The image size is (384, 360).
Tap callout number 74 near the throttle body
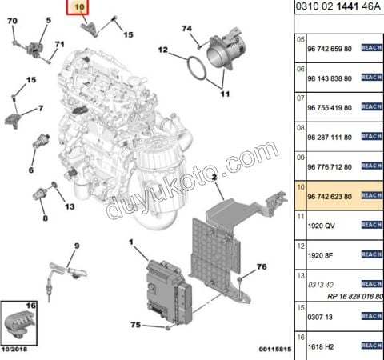(x=188, y=30)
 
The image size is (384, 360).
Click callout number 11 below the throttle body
(x=225, y=94)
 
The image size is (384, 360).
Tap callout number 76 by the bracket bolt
(x=261, y=266)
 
